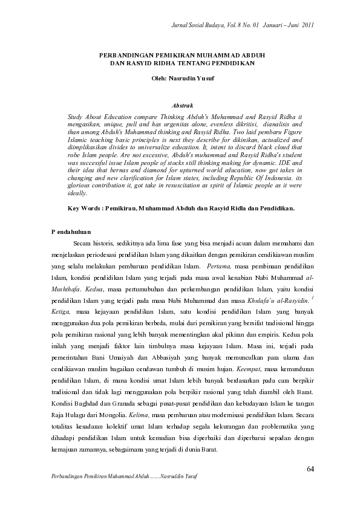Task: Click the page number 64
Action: [310, 468]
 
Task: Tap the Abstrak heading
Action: [182, 105]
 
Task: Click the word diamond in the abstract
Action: [140, 173]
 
